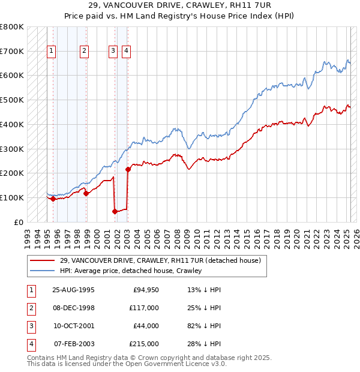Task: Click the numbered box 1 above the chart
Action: [51, 52]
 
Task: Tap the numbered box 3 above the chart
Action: [113, 52]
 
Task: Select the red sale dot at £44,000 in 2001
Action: [115, 211]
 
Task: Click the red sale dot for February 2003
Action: [128, 169]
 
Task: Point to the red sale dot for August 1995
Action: [53, 199]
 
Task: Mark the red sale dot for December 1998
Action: [86, 193]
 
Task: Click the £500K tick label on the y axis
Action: [12, 100]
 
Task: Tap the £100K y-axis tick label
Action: [12, 197]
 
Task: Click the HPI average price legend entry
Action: [131, 271]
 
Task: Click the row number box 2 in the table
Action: [30, 308]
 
